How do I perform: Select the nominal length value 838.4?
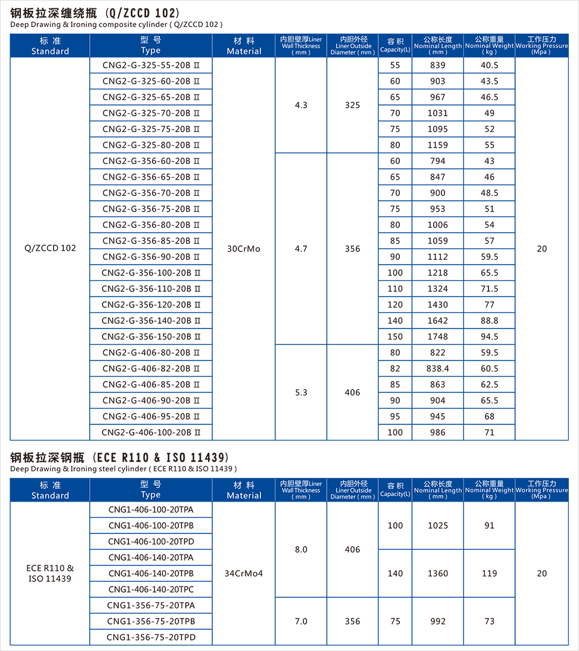pos(438,368)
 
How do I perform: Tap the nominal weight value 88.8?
pos(489,321)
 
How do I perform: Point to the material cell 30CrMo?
pos(244,248)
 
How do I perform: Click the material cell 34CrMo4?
pos(244,573)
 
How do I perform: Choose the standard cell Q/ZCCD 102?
pos(50,248)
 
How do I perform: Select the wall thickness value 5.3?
pos(301,392)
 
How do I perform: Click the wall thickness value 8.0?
pos(301,549)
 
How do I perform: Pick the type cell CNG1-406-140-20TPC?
pos(151,589)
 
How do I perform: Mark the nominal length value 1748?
pos(438,336)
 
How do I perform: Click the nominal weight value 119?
pos(489,573)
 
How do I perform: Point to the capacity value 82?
pos(395,368)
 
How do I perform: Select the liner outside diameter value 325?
pos(352,105)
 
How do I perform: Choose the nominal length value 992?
pos(438,621)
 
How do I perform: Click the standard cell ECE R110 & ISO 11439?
pos(50,573)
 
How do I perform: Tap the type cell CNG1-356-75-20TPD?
pos(151,637)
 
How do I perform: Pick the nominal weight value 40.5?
pos(489,65)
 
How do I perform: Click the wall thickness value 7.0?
pos(301,621)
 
